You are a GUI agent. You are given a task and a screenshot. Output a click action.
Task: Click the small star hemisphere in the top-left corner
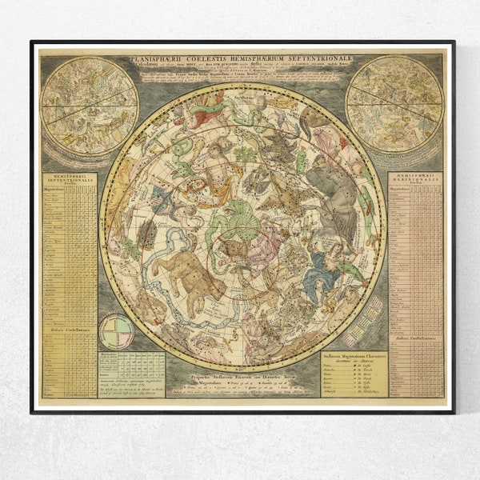89,105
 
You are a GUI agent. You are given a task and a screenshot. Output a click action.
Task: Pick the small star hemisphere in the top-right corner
394,104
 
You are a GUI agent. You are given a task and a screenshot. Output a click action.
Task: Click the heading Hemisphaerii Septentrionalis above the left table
69,182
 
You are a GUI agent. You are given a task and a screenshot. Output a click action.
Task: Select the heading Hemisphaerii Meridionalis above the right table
415,182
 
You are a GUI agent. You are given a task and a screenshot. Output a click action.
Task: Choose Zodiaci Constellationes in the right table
415,330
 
